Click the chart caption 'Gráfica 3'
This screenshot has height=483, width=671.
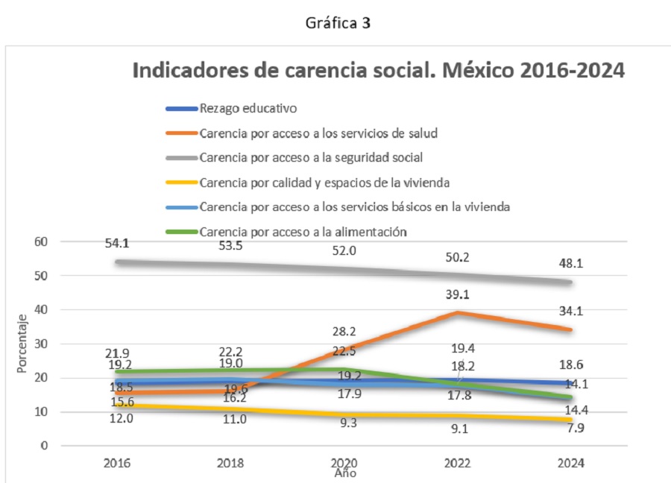338,23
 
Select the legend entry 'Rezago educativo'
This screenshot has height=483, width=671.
248,108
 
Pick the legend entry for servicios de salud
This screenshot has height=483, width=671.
318,133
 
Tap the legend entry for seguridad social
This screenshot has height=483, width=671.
323,157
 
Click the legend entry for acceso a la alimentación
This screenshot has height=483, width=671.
303,231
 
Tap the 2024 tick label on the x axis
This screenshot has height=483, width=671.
570,463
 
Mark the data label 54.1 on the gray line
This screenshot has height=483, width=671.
118,244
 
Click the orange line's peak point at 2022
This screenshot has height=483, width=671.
457,312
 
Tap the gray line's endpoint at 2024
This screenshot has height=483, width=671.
570,282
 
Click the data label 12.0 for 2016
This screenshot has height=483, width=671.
118,419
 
